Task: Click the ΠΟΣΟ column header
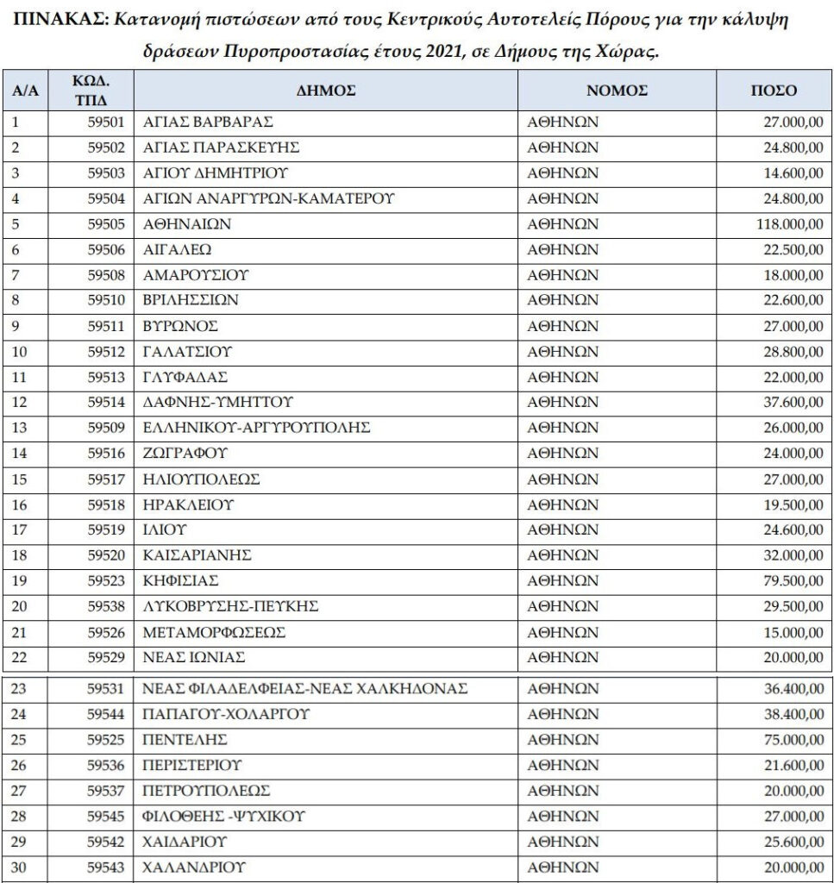[x=774, y=90]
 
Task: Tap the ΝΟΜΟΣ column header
[x=617, y=90]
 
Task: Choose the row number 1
[x=15, y=122]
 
